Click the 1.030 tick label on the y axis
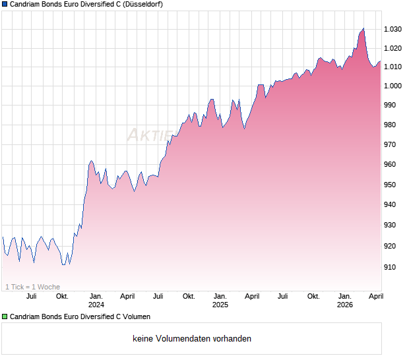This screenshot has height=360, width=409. (x=393, y=29)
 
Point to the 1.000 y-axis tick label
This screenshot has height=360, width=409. (x=393, y=86)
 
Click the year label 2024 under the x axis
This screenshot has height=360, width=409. (x=96, y=305)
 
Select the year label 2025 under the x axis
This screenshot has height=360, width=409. (x=220, y=305)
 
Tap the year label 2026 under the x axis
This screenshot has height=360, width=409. (x=345, y=305)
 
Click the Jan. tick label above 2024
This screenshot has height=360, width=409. (x=96, y=296)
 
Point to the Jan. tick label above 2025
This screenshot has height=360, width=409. (x=220, y=296)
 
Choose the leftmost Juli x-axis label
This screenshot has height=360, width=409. (x=31, y=296)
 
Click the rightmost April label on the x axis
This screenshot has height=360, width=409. (x=375, y=296)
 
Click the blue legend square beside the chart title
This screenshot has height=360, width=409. (x=5, y=4)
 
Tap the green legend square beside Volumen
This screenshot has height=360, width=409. (x=5, y=316)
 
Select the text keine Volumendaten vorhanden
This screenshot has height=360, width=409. (x=192, y=338)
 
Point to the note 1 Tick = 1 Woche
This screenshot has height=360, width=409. (x=32, y=287)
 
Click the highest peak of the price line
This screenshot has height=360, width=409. (x=363, y=28)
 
